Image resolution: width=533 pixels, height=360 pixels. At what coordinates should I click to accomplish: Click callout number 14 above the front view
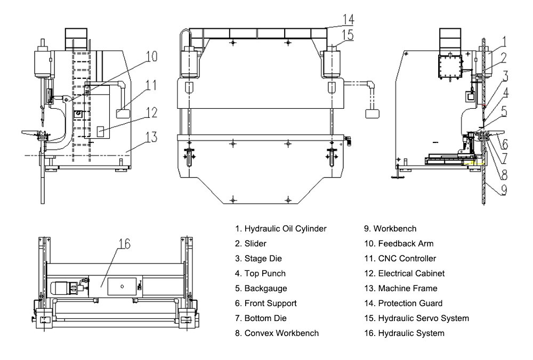[x=348, y=20]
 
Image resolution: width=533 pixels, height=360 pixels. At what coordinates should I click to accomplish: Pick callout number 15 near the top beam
[x=348, y=35]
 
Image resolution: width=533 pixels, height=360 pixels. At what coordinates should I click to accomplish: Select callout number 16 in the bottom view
[x=124, y=244]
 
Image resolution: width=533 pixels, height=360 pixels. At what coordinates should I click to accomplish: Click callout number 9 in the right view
[x=503, y=189]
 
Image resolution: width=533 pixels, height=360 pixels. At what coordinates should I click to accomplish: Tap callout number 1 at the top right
[x=504, y=41]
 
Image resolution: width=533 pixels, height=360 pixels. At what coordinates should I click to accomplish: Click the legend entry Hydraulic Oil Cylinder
[x=280, y=229]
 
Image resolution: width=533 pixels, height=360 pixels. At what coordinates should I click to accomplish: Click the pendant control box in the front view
[x=372, y=114]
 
